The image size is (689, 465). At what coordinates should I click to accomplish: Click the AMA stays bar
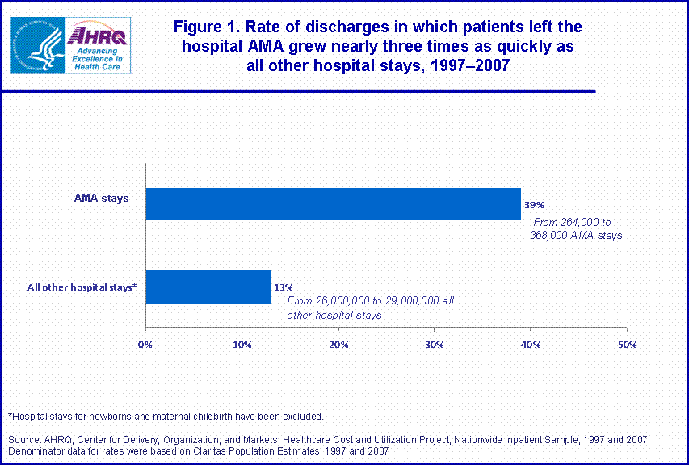click(333, 204)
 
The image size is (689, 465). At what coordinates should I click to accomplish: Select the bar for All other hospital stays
click(208, 287)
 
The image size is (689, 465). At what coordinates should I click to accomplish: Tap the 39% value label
click(533, 205)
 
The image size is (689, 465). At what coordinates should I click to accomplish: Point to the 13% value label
click(283, 287)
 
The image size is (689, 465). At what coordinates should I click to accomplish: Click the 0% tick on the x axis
click(145, 345)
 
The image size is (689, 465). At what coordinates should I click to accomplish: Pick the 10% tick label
click(242, 345)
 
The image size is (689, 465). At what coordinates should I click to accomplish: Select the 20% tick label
click(338, 345)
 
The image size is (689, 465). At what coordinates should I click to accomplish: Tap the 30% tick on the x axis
click(434, 345)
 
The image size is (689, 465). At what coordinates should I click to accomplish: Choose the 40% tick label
click(530, 345)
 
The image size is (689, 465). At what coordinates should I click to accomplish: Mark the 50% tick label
click(626, 345)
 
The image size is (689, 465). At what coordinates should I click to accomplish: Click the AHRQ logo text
click(95, 35)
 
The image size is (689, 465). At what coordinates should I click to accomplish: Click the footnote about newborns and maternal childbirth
click(166, 417)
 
